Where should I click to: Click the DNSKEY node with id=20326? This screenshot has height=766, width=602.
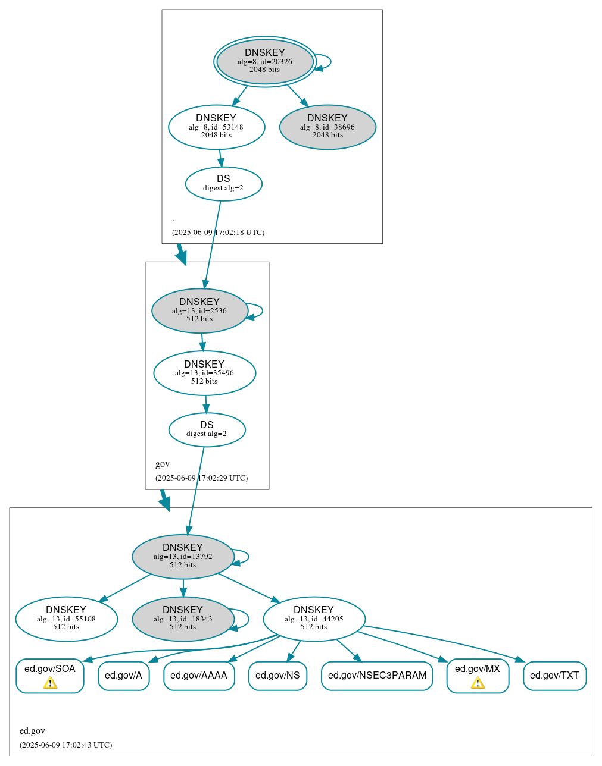(x=265, y=61)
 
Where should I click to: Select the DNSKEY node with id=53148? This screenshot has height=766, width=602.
(x=216, y=127)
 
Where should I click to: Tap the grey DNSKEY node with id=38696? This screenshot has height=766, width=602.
(x=327, y=127)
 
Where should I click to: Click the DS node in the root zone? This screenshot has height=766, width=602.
(x=223, y=184)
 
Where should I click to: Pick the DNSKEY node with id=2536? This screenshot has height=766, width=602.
(x=199, y=310)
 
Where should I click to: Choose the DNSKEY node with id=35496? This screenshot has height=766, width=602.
(x=204, y=373)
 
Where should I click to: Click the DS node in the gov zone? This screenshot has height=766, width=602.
(x=207, y=429)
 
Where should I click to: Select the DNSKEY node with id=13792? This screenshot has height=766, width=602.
(x=183, y=557)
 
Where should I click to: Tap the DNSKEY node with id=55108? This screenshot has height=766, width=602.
(x=66, y=619)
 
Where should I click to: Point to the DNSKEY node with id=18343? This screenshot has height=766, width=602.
(x=183, y=619)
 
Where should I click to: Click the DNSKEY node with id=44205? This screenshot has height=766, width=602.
(x=314, y=619)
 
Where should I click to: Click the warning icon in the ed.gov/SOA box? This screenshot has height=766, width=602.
(x=50, y=683)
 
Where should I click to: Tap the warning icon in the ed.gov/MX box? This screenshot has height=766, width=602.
(x=478, y=683)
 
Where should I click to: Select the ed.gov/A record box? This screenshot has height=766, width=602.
(x=123, y=676)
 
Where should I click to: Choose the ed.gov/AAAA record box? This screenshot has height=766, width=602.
(x=199, y=676)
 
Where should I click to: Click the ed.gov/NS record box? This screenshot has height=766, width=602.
(x=277, y=676)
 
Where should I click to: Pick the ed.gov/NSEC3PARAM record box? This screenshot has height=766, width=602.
(x=377, y=676)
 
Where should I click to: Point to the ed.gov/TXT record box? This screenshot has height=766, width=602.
(x=554, y=676)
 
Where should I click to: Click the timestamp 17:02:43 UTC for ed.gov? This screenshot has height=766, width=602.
(x=65, y=745)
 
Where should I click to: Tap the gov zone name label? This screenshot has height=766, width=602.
(x=163, y=464)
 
